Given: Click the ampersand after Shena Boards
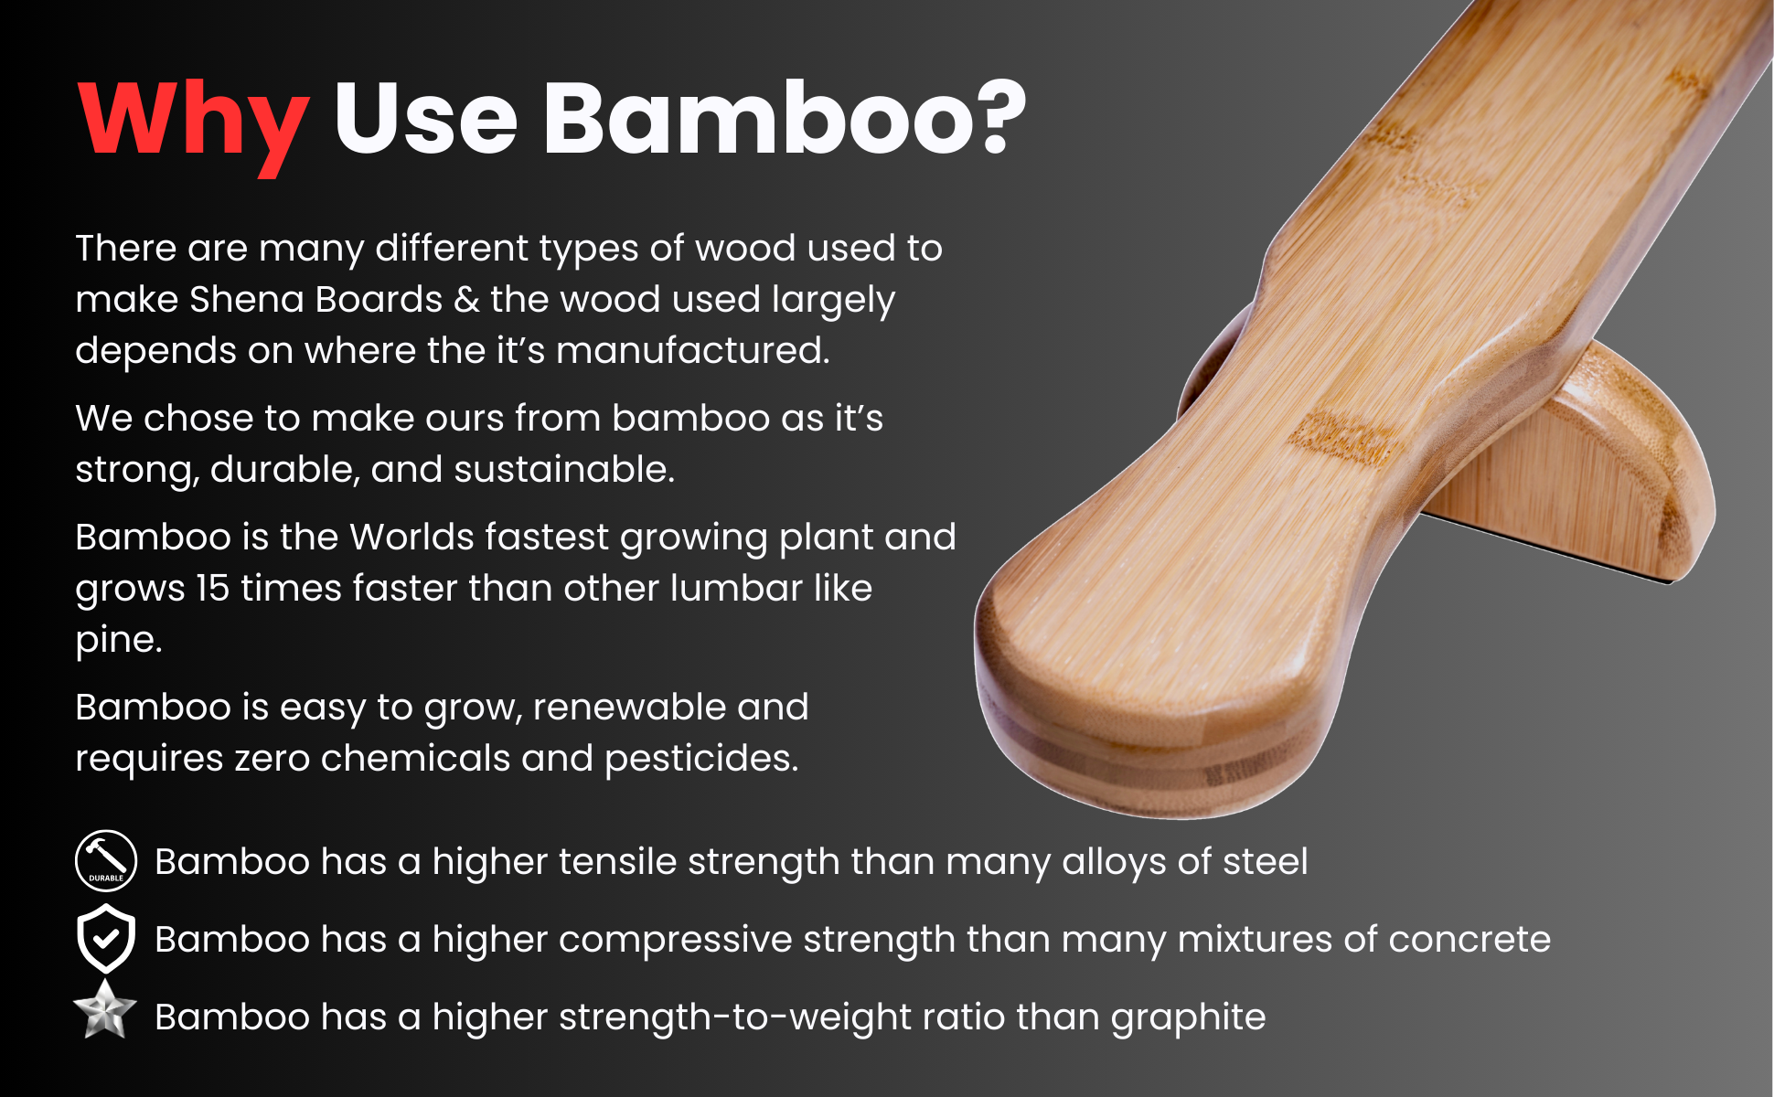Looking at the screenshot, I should pos(466,300).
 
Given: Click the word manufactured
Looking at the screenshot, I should pos(692,351).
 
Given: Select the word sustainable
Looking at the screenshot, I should pos(563,470).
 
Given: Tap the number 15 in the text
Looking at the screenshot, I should pos(212,589).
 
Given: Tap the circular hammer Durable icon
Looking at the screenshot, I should pos(106,860).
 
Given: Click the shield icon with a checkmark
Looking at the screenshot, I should pos(106,938).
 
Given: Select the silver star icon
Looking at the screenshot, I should pos(105,1011).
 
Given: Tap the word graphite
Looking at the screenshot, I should pos(1188,1018).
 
